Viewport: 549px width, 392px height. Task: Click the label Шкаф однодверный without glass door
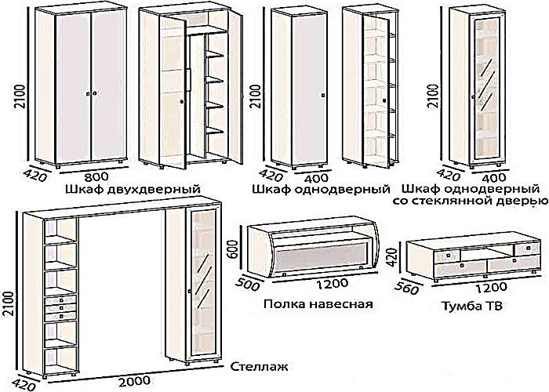(x=322, y=190)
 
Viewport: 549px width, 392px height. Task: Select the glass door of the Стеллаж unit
(x=199, y=286)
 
